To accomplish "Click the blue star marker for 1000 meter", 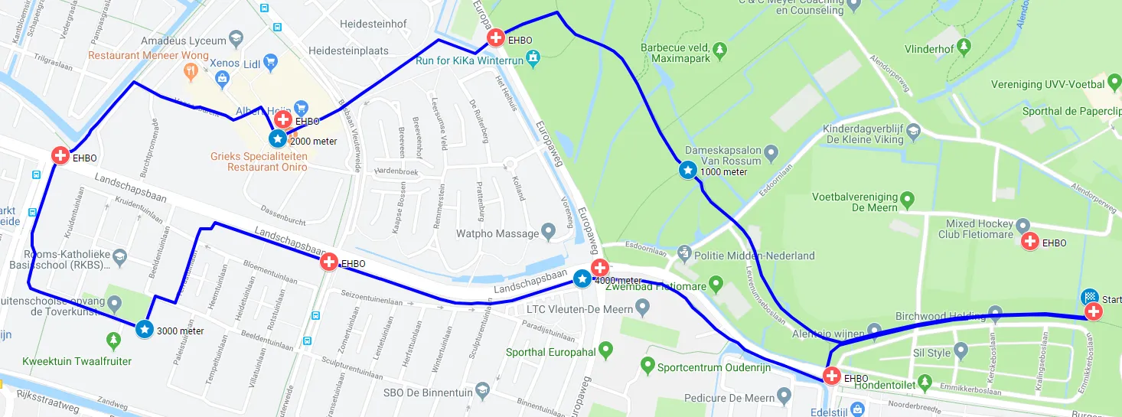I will pyautogui.click(x=687, y=170).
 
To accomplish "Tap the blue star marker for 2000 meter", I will pyautogui.click(x=277, y=138).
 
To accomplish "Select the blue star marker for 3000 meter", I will pyautogui.click(x=145, y=329).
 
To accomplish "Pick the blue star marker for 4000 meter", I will pyautogui.click(x=582, y=279).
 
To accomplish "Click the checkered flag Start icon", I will pyautogui.click(x=1089, y=297).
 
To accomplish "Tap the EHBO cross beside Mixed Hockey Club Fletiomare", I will pyautogui.click(x=1030, y=242).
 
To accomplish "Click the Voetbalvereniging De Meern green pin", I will pyautogui.click(x=908, y=200).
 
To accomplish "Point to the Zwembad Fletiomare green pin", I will pyautogui.click(x=716, y=285).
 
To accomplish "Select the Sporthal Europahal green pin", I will pyautogui.click(x=606, y=352).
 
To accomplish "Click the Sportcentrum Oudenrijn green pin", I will pyautogui.click(x=647, y=366).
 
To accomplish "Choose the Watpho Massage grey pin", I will pyautogui.click(x=547, y=231).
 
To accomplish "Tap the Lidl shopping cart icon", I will pyautogui.click(x=269, y=61).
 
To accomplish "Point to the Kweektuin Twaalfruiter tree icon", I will pyautogui.click(x=114, y=339).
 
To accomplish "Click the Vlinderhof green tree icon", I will pyautogui.click(x=964, y=47).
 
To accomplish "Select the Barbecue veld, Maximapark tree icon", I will pyautogui.click(x=719, y=51).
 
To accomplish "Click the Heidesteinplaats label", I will pyautogui.click(x=348, y=50).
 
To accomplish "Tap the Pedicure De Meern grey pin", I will pyautogui.click(x=783, y=396).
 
